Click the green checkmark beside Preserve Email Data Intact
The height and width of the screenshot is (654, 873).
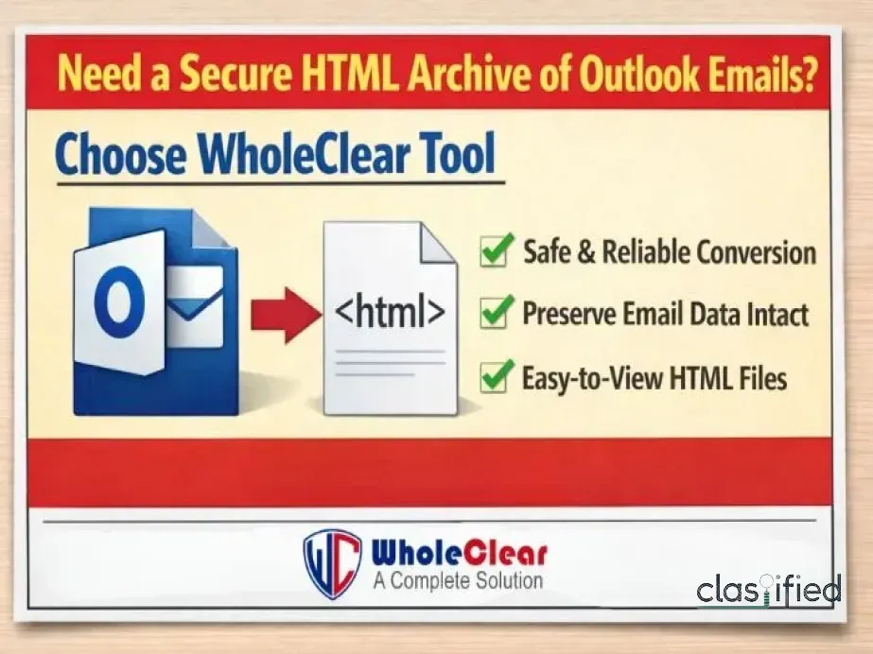pos(497,313)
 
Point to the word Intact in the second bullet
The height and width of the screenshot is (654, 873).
pos(777,315)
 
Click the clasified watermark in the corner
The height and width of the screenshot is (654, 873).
pos(768,590)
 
